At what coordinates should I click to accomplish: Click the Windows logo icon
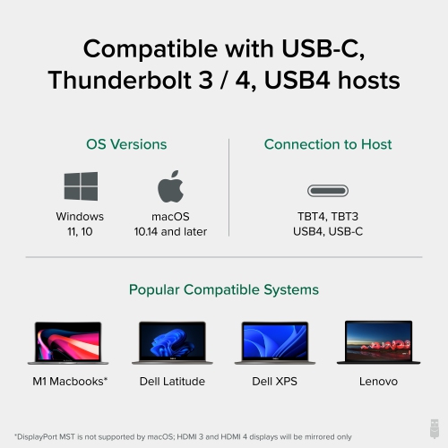pyautogui.click(x=80, y=186)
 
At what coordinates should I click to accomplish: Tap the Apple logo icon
pyautogui.click(x=170, y=185)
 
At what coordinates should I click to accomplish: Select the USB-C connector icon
pyautogui.click(x=328, y=190)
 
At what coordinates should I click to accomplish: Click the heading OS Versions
pyautogui.click(x=126, y=144)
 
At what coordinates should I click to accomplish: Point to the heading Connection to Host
pyautogui.click(x=328, y=144)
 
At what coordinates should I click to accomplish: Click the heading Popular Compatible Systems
pyautogui.click(x=224, y=289)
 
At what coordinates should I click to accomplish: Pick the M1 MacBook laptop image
pyautogui.click(x=71, y=341)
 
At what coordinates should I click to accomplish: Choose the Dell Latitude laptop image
pyautogui.click(x=172, y=341)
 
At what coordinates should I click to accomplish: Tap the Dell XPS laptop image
pyautogui.click(x=275, y=341)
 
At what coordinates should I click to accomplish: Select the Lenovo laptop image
pyautogui.click(x=378, y=341)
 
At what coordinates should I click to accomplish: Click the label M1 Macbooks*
pyautogui.click(x=71, y=381)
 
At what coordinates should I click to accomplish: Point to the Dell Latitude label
pyautogui.click(x=172, y=381)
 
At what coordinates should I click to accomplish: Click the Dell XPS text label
pyautogui.click(x=275, y=381)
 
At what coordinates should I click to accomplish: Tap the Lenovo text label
pyautogui.click(x=378, y=381)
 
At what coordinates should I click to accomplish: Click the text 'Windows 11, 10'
pyautogui.click(x=80, y=224)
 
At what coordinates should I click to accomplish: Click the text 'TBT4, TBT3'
pyautogui.click(x=328, y=217)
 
